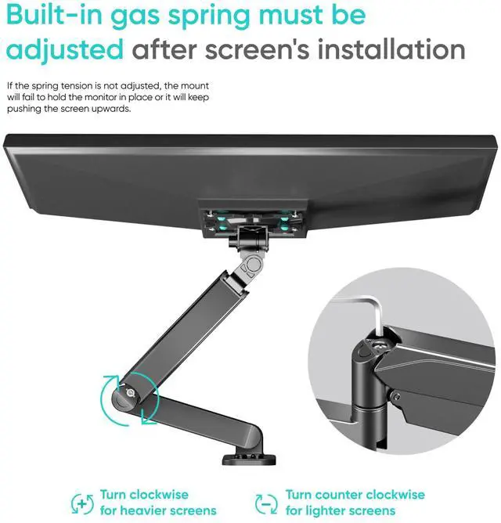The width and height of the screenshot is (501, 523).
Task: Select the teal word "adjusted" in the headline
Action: pyautogui.click(x=65, y=50)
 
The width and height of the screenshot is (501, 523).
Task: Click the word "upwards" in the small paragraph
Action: pyautogui.click(x=112, y=109)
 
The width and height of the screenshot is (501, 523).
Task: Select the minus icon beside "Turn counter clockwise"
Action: pyautogui.click(x=266, y=503)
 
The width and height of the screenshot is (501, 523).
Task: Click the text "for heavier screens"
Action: pyautogui.click(x=158, y=510)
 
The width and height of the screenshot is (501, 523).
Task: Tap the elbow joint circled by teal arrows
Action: pyautogui.click(x=125, y=395)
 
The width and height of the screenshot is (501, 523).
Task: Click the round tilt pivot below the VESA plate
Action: pyautogui.click(x=253, y=266)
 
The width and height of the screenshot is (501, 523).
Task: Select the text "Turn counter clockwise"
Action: pyautogui.click(x=355, y=495)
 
